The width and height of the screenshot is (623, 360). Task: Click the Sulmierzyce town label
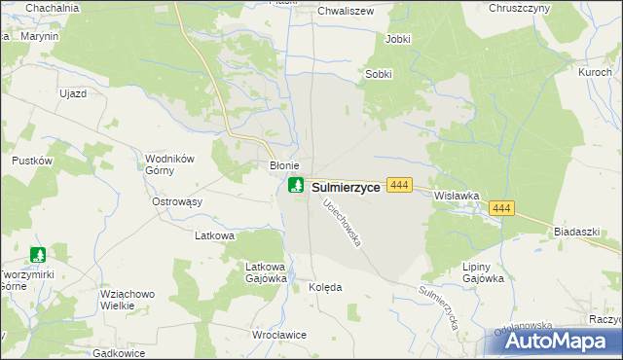coord(346,187)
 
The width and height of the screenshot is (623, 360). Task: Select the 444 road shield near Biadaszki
coord(502,208)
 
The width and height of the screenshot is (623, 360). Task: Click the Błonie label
coord(283,166)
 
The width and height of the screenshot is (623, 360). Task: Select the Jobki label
coord(398,39)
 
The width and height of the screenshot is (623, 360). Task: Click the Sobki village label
coord(379,74)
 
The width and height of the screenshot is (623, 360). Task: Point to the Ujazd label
coord(74,92)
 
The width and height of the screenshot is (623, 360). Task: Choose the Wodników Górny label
coord(171,166)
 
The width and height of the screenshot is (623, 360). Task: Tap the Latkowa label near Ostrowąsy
coord(216,235)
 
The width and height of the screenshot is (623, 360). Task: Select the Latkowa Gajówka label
coord(266,271)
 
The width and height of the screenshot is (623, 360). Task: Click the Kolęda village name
coord(325,288)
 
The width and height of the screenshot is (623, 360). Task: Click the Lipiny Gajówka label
coord(484,271)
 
